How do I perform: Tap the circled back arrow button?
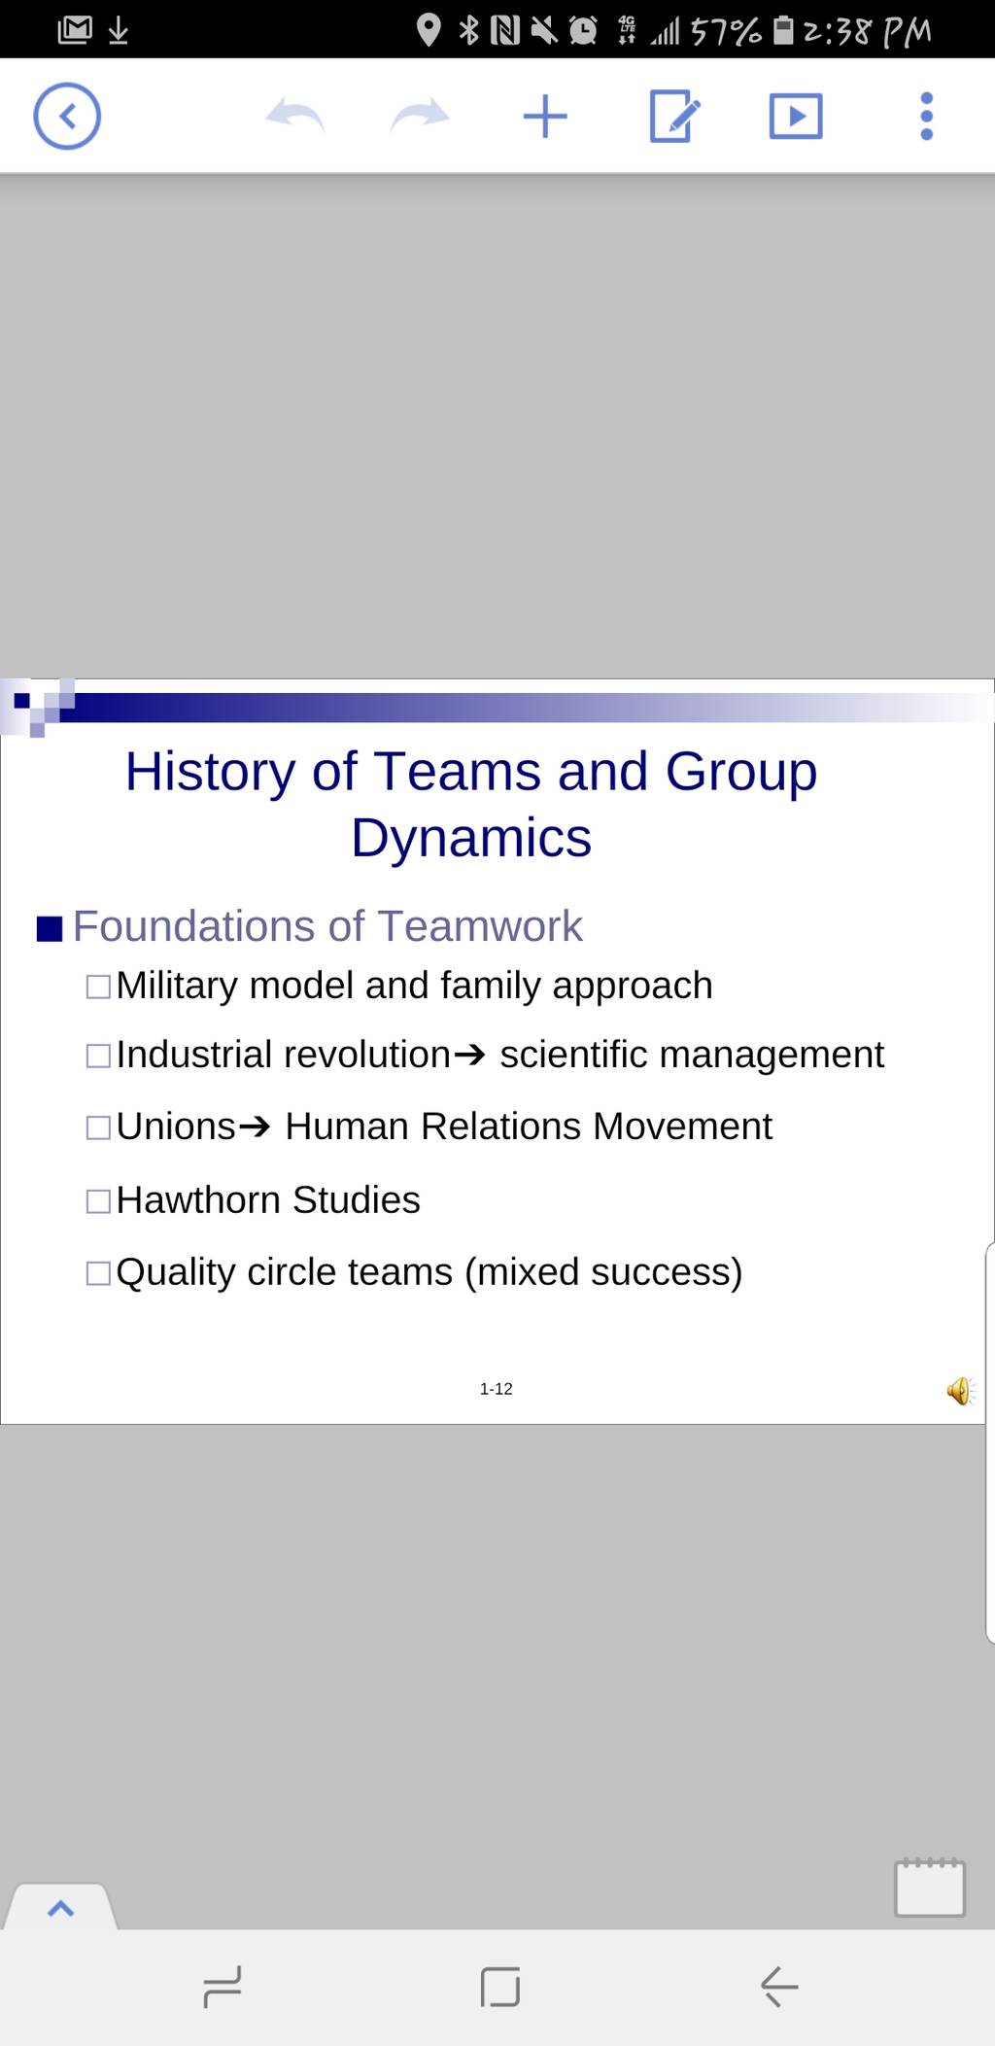click(x=67, y=117)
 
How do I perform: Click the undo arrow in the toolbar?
click(x=294, y=116)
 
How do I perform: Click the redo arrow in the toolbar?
click(x=420, y=116)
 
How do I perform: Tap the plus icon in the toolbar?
click(x=545, y=117)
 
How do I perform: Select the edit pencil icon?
click(x=673, y=117)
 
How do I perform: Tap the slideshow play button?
click(x=796, y=117)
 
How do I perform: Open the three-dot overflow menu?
click(x=926, y=117)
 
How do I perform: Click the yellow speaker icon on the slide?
click(x=960, y=1391)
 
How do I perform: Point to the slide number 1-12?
click(x=496, y=1389)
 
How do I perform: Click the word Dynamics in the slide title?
click(x=471, y=838)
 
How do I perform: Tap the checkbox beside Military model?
click(x=98, y=987)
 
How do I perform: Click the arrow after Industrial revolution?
click(x=469, y=1056)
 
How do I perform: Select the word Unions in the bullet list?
click(x=176, y=1127)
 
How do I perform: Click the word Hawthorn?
click(x=200, y=1200)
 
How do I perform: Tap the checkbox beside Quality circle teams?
click(x=98, y=1273)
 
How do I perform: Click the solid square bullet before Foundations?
click(x=50, y=929)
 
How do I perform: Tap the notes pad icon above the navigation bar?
click(x=930, y=1888)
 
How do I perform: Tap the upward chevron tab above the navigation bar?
click(x=60, y=1908)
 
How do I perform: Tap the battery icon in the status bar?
click(x=783, y=30)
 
